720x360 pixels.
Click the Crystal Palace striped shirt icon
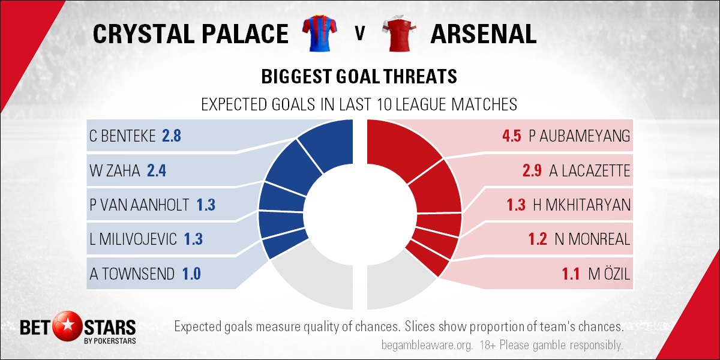319,33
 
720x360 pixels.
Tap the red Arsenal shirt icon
399,33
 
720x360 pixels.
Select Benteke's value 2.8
172,136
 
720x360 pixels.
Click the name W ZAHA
115,170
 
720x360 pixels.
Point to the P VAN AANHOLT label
139,205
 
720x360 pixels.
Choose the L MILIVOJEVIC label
133,239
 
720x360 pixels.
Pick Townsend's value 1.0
191,274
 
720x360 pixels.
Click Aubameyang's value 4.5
512,136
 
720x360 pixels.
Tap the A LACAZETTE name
589,170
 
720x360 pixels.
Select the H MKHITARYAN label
582,205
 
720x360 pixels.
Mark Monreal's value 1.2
538,239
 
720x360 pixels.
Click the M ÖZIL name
609,274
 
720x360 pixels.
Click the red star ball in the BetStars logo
67,326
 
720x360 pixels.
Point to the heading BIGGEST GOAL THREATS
359,77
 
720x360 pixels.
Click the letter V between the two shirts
359,34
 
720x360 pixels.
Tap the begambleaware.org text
427,346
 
